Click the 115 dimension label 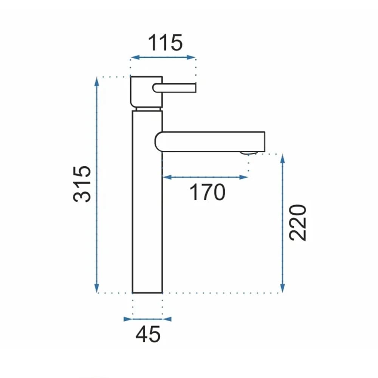(165, 43)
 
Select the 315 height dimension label (82, 184)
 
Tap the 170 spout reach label (207, 192)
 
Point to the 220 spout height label (298, 223)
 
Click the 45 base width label (148, 335)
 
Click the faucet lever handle (174, 88)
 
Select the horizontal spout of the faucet (210, 142)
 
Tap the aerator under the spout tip (249, 153)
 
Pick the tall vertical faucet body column (147, 201)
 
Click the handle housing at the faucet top (146, 92)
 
